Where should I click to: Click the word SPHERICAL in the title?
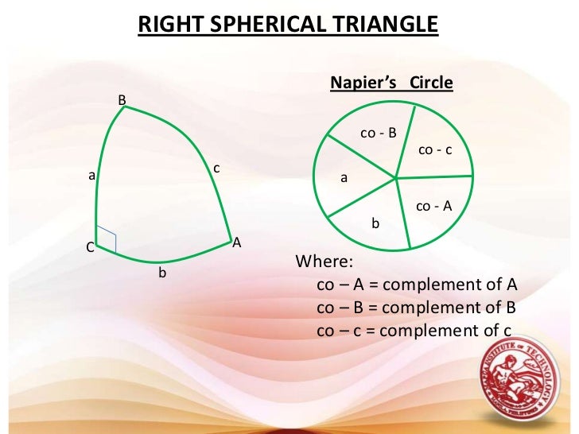click(x=270, y=25)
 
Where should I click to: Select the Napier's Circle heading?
click(x=391, y=83)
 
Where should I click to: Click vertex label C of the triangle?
click(x=90, y=248)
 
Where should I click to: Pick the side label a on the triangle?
click(x=92, y=176)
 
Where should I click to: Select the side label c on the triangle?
click(x=216, y=169)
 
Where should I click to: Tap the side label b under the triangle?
click(x=162, y=273)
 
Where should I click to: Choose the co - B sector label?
click(x=378, y=134)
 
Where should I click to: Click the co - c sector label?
click(x=434, y=149)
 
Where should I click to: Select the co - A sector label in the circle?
click(x=433, y=206)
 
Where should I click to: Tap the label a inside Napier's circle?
click(x=344, y=179)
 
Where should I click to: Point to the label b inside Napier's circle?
click(x=377, y=224)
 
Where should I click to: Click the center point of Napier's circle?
click(x=395, y=179)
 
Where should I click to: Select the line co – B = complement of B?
click(x=417, y=308)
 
